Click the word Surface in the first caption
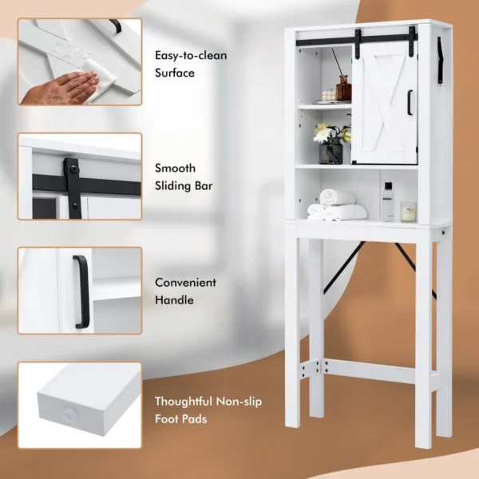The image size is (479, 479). coord(175,73)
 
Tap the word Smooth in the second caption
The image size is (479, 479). coord(174,168)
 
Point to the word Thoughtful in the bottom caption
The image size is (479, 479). coord(184,401)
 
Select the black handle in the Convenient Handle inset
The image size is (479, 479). coord(79,291)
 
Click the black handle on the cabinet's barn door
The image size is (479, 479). coord(410,102)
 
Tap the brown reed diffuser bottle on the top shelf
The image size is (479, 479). coord(343,88)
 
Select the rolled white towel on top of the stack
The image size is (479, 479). coord(337,197)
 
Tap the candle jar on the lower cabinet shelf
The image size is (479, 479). coord(409,212)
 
